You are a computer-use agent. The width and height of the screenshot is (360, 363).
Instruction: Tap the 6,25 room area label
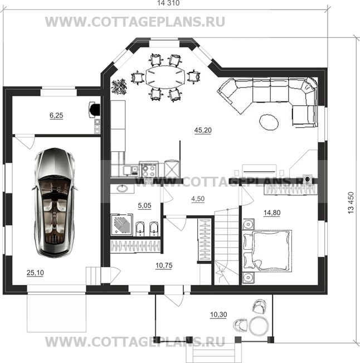[56, 115]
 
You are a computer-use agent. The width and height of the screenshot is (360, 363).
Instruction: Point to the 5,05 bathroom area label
[144, 204]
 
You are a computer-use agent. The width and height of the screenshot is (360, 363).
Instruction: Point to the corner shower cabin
[121, 224]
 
